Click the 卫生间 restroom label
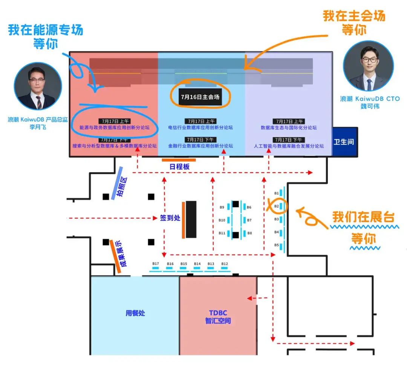tap(344, 142)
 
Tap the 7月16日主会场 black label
tap(200, 97)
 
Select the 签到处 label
tap(170, 218)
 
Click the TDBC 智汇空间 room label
tap(218, 317)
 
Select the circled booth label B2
tap(276, 206)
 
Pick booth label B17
tap(155, 263)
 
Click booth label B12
tap(225, 263)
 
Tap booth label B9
tap(222, 207)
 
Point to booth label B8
tap(249, 233)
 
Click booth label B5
tap(276, 245)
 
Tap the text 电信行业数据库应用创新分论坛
tap(200, 128)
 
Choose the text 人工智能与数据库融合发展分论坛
tap(288, 146)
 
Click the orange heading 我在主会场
tap(354, 16)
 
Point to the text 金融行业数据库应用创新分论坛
tap(200, 146)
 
